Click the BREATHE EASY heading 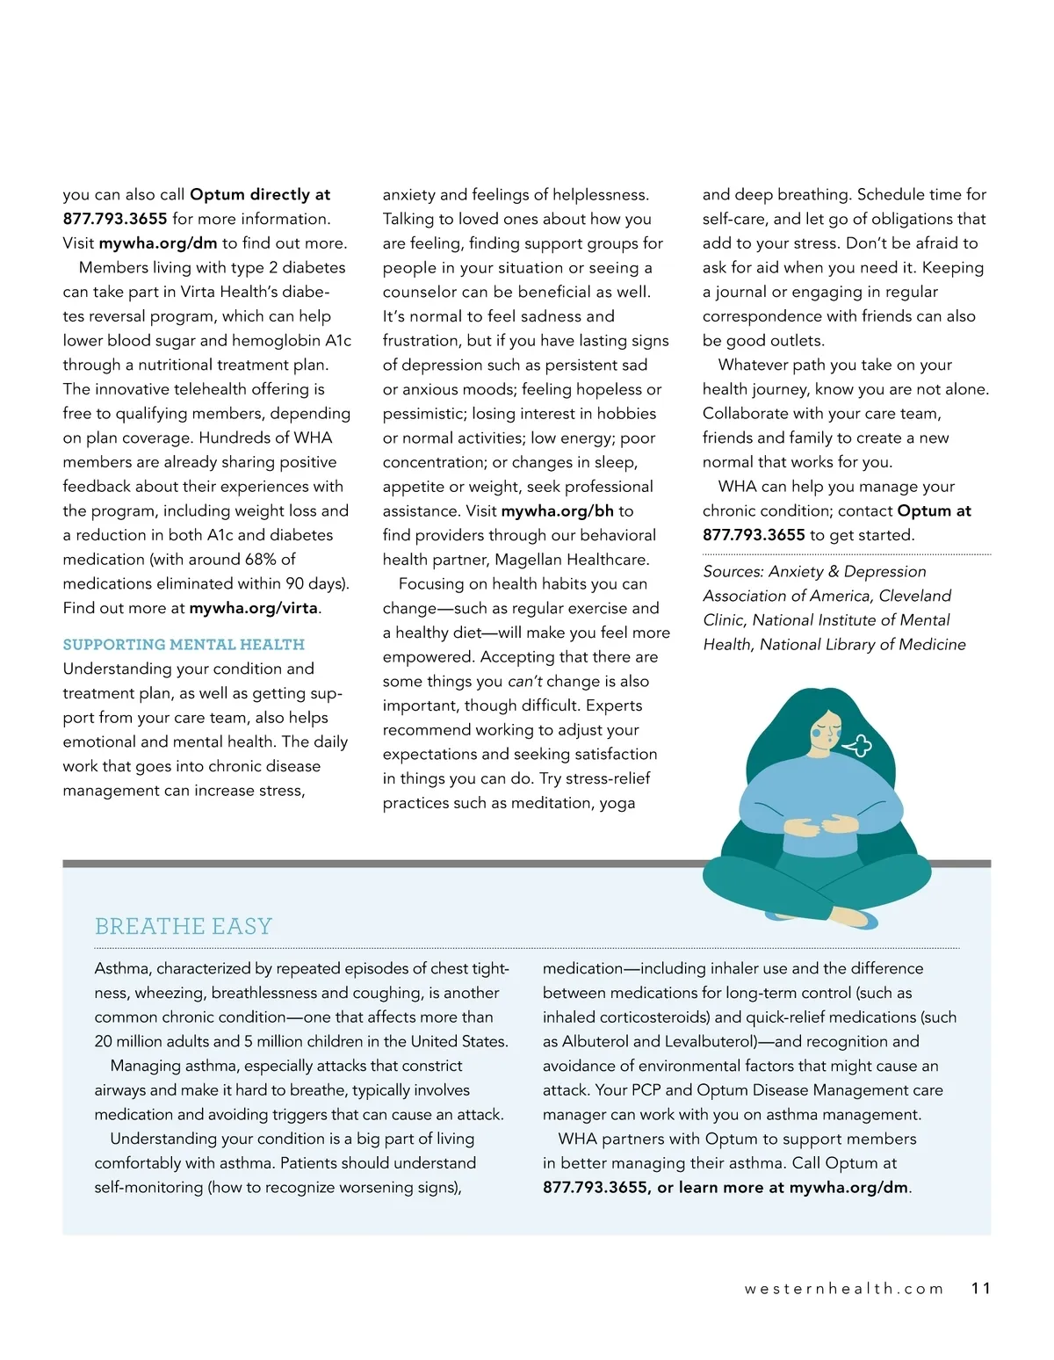click(x=184, y=926)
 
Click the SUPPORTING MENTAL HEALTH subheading click(x=184, y=644)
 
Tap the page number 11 click(x=980, y=1288)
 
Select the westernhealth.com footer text click(x=843, y=1288)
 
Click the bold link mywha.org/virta click(x=254, y=608)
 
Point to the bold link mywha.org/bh click(x=557, y=510)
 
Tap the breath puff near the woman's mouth click(x=858, y=745)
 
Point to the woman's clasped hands click(x=820, y=825)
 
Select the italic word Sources click(x=733, y=571)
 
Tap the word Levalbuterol click(x=711, y=1041)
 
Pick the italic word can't click(x=524, y=681)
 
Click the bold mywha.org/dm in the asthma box click(x=848, y=1187)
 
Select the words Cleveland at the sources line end click(x=915, y=596)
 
